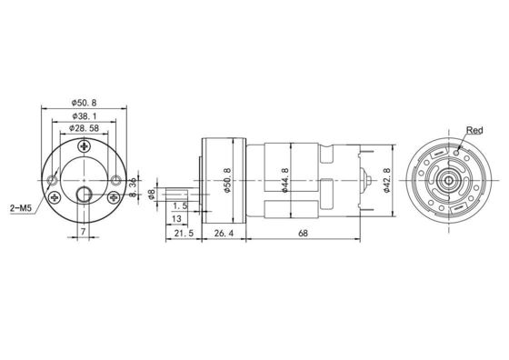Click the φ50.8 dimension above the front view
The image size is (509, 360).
click(x=84, y=103)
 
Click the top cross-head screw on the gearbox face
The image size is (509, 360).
click(x=85, y=145)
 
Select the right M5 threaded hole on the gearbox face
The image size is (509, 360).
click(x=114, y=181)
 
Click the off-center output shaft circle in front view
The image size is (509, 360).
click(x=84, y=195)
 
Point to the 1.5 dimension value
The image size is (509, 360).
click(x=180, y=206)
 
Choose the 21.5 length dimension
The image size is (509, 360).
click(x=182, y=235)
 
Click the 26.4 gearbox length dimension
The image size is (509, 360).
click(x=223, y=235)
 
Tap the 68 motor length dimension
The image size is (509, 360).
click(x=301, y=235)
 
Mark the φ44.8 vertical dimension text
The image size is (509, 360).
click(x=285, y=179)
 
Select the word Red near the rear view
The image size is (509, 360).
click(x=474, y=131)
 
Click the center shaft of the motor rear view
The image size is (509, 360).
click(x=450, y=179)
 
